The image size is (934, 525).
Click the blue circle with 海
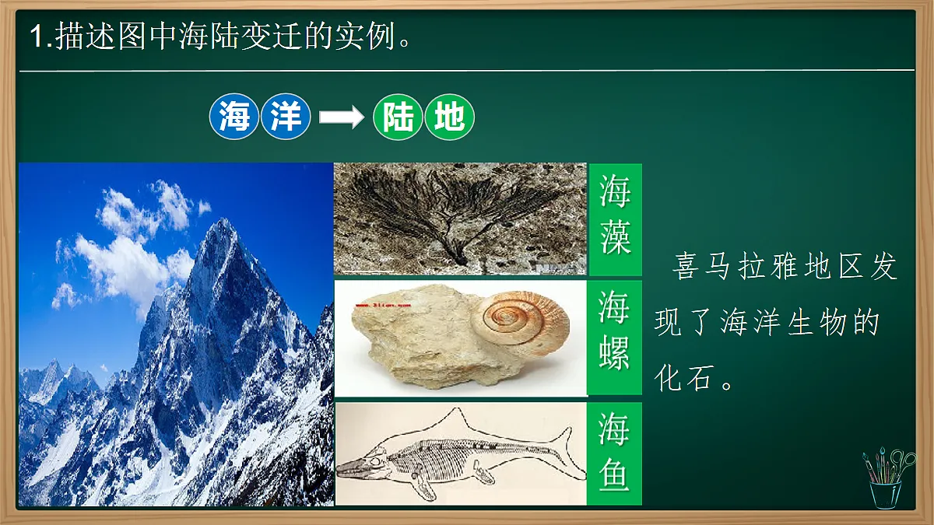click(x=234, y=118)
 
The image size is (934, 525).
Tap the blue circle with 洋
click(x=286, y=118)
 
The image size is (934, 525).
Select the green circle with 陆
click(x=398, y=118)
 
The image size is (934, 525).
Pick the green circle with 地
click(x=449, y=118)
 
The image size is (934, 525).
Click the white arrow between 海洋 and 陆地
click(x=342, y=118)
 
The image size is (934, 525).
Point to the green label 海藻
click(x=615, y=219)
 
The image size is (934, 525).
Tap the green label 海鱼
click(x=615, y=453)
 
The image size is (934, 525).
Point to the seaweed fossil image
click(x=459, y=218)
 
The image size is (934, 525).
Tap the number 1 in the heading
click(x=37, y=37)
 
